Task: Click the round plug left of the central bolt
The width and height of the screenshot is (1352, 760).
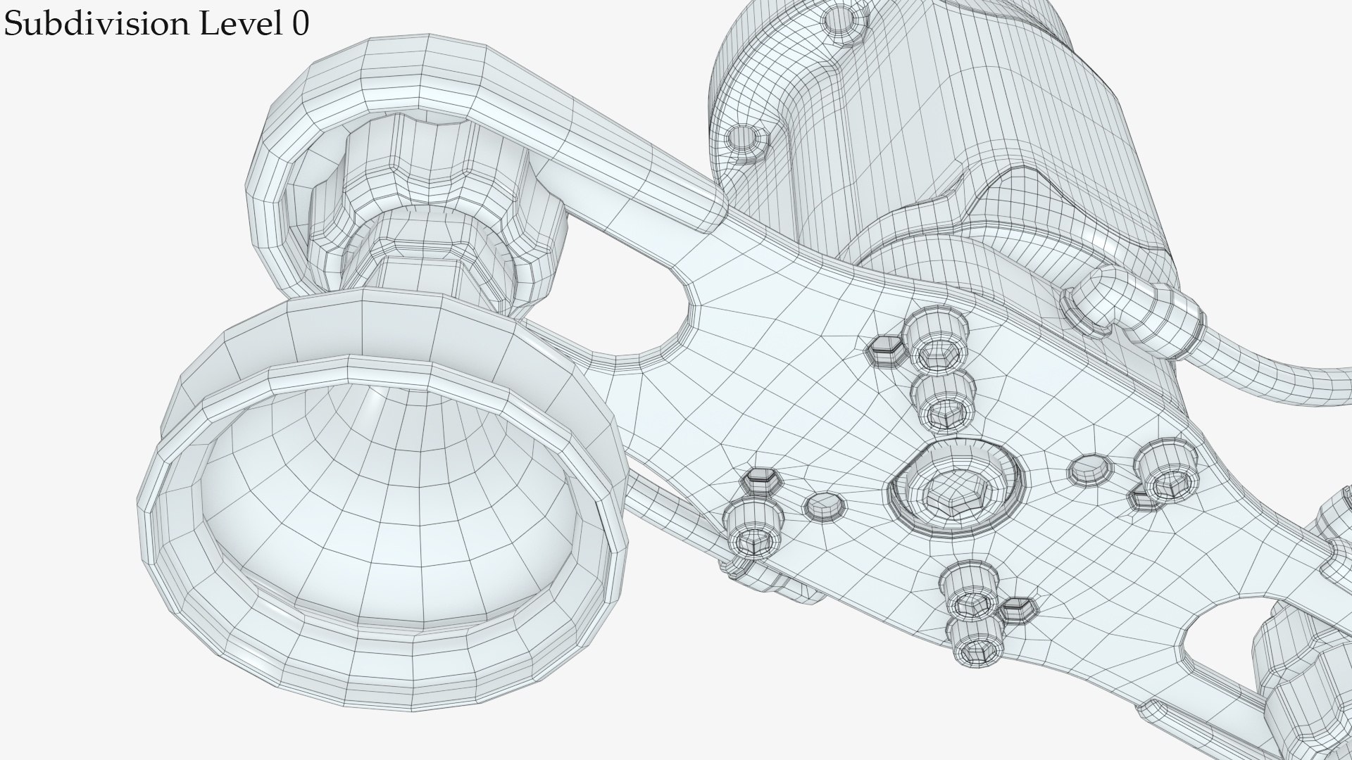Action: (x=825, y=505)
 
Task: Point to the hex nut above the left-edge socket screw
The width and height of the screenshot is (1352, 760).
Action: (x=761, y=482)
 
